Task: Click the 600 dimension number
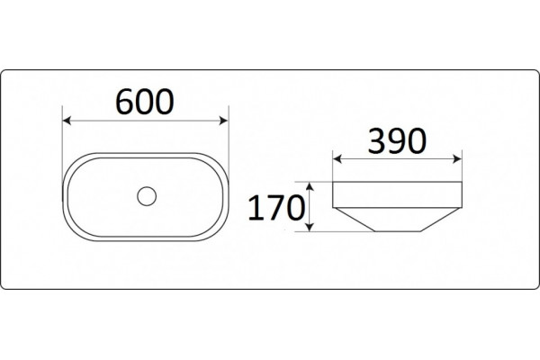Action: pos(145,102)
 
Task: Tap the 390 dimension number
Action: pos(397,140)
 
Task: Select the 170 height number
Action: pos(276,208)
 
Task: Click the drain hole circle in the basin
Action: pos(147,196)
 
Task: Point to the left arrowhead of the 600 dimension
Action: pos(67,121)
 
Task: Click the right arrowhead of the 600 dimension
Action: pos(224,121)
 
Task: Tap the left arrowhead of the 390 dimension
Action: pos(337,158)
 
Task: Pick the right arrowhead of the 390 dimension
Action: pos(458,158)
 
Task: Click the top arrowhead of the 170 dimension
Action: pos(310,186)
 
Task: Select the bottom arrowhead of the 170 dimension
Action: pos(310,227)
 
